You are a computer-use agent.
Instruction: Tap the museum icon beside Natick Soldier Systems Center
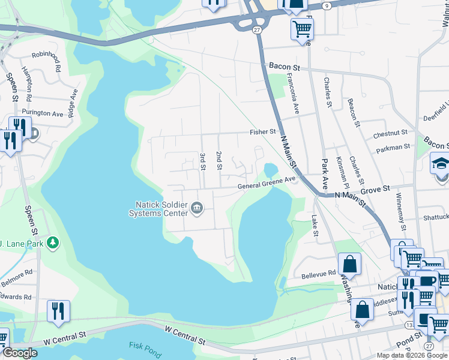(197, 208)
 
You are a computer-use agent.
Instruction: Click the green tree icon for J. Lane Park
(54, 242)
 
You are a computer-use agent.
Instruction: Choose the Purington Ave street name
(42, 113)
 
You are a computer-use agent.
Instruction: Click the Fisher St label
(263, 131)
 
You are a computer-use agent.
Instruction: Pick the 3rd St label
(202, 161)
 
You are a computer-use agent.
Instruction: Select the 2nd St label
(219, 160)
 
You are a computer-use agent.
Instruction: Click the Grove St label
(378, 188)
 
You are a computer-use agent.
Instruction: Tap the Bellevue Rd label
(319, 273)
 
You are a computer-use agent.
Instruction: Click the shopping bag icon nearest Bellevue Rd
(349, 263)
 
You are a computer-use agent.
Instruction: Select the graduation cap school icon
(441, 163)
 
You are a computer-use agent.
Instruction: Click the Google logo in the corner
(20, 353)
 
